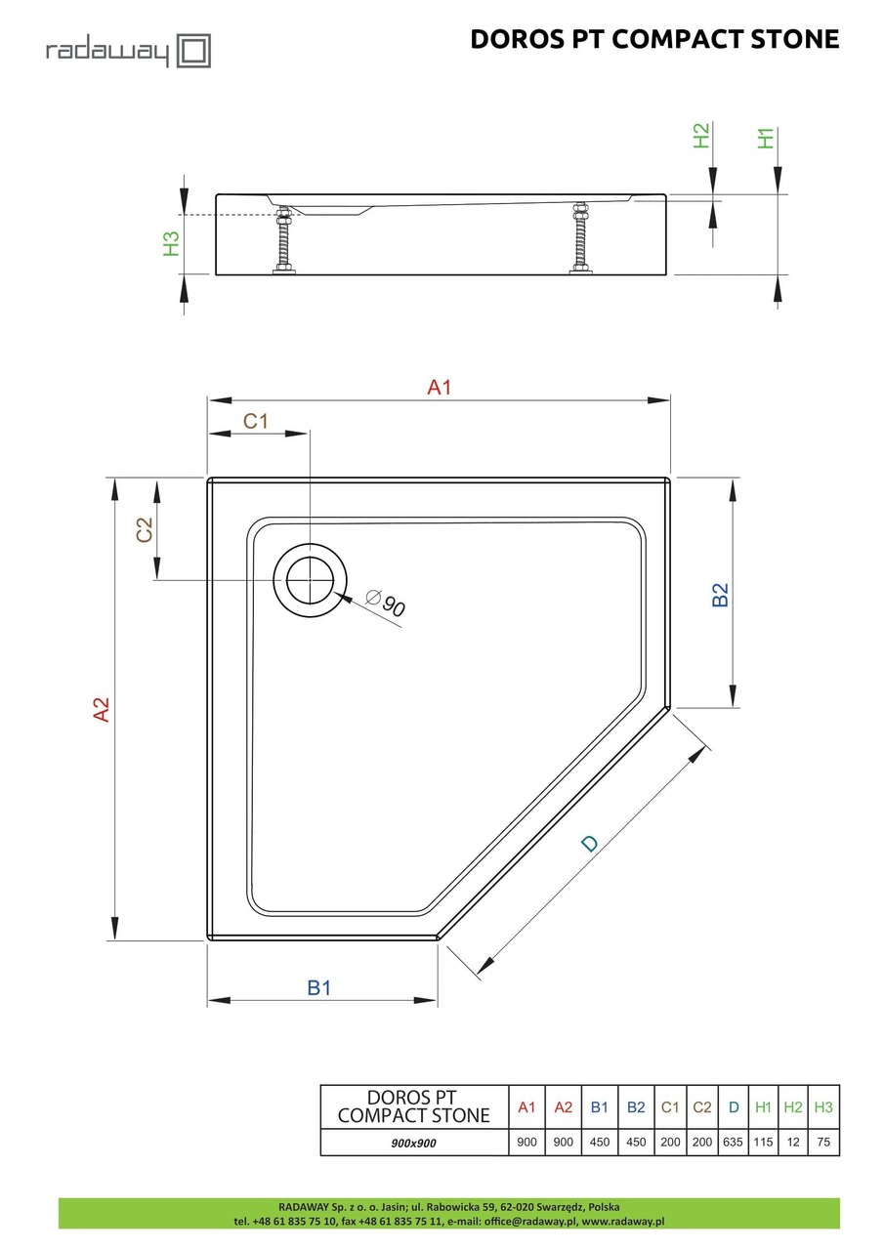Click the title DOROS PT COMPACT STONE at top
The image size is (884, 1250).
(654, 39)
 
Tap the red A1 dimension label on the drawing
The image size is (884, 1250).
(440, 388)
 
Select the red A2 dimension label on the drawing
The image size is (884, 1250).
(101, 709)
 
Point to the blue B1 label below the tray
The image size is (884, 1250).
(319, 987)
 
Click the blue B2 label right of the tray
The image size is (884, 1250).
(720, 595)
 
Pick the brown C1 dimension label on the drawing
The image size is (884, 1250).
(256, 421)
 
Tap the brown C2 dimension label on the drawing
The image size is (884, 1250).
(145, 530)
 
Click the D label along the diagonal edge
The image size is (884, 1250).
(588, 843)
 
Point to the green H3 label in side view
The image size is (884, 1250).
(171, 243)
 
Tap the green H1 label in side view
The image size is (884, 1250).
(766, 138)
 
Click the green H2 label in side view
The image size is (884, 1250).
(700, 136)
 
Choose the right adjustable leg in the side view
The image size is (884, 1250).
(579, 240)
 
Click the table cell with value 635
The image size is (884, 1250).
(733, 1142)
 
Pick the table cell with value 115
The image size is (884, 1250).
(764, 1142)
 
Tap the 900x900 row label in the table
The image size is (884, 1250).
(413, 1142)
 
